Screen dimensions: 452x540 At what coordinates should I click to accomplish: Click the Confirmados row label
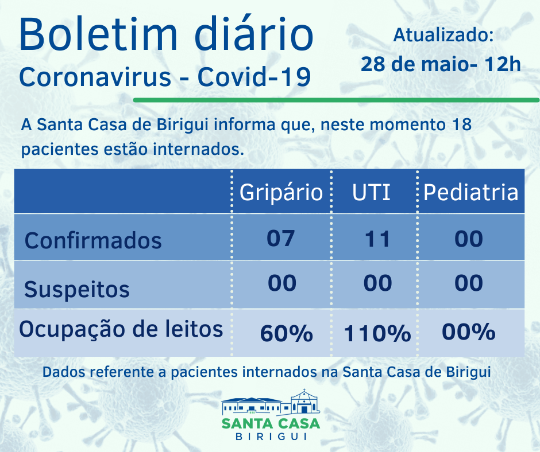[x=93, y=240]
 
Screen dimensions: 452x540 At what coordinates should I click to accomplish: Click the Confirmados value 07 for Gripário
[x=281, y=238]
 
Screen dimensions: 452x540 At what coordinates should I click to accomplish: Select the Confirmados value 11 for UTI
[x=377, y=239]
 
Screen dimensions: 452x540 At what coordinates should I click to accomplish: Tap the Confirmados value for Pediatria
[x=468, y=239]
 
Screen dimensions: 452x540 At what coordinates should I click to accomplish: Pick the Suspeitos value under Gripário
[x=281, y=283]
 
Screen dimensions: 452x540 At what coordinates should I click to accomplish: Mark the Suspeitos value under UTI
[x=377, y=283]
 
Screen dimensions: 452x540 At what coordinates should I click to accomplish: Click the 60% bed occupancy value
[x=286, y=333]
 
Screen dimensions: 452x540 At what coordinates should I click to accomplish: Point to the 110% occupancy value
[x=377, y=333]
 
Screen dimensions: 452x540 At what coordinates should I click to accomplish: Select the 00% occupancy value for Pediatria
[x=468, y=332]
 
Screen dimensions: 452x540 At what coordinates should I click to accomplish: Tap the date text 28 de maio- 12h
[x=441, y=64]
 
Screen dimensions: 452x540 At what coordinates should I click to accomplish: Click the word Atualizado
[x=443, y=35]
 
